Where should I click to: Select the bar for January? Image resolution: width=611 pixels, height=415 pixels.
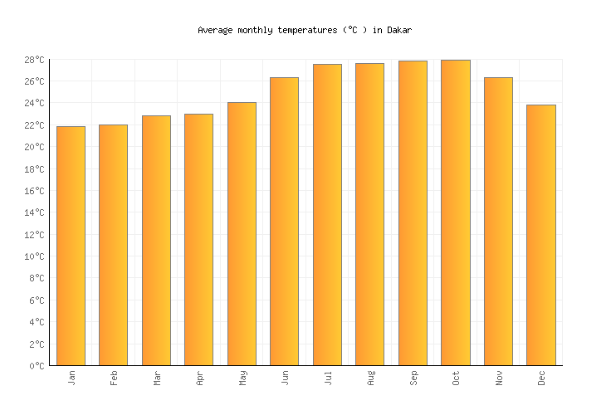(71, 246)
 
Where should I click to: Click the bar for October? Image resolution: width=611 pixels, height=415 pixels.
(455, 212)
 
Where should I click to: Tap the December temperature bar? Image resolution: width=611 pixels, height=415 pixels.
(541, 235)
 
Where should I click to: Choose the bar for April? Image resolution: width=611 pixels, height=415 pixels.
(198, 239)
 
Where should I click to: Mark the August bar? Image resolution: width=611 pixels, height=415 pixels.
(369, 214)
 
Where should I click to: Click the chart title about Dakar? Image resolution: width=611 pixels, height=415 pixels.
(305, 30)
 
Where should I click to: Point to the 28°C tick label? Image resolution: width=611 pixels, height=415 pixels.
(34, 60)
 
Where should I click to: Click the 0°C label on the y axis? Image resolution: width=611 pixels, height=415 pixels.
(37, 365)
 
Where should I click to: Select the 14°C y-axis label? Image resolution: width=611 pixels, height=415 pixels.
(34, 212)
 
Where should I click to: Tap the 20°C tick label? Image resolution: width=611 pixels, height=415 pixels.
(34, 147)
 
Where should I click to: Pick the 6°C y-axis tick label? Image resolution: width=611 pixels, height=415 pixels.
(37, 300)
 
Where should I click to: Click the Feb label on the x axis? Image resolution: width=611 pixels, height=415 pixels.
(114, 378)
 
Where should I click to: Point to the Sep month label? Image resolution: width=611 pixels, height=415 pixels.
(413, 378)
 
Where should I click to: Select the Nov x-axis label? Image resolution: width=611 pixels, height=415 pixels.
(498, 378)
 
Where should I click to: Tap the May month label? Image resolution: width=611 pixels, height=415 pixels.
(242, 378)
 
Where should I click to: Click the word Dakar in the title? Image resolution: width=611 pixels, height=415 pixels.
(398, 30)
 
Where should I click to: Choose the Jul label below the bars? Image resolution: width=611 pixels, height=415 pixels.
(327, 378)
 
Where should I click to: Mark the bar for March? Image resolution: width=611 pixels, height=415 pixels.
(156, 240)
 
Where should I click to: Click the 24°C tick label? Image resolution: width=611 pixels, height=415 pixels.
(34, 103)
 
